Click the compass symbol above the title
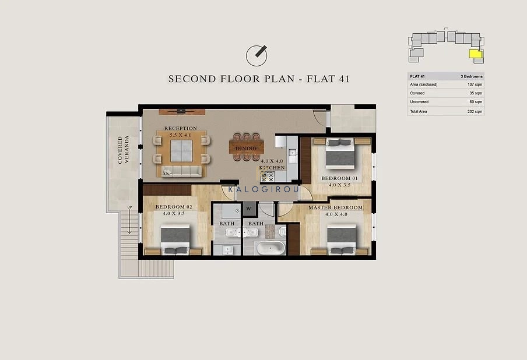257,55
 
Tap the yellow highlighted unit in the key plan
475,54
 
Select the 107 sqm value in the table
475,84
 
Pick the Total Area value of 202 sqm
475,111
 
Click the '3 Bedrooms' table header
471,76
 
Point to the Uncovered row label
419,102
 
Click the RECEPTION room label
181,128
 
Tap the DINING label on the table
246,148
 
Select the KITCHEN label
272,168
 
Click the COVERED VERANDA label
123,150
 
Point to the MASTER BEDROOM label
335,207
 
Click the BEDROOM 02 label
174,207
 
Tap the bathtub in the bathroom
270,248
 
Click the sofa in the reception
181,171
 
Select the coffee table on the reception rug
181,151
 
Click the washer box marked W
249,209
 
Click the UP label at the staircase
130,207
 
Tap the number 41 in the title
345,79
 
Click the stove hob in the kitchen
268,176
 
